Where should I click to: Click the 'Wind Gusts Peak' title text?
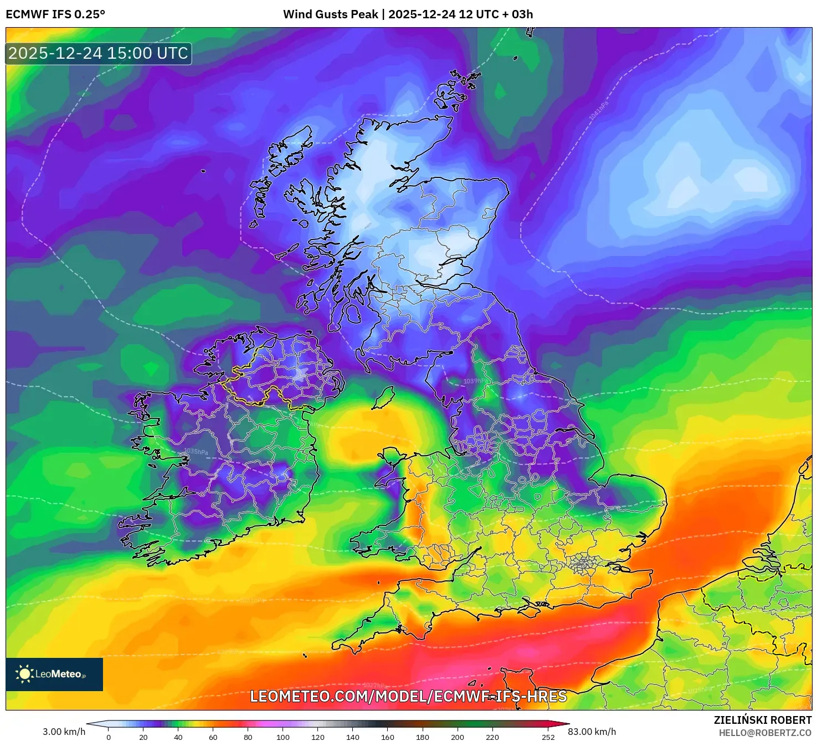[x=330, y=14]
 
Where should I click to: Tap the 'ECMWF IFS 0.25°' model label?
[x=55, y=14]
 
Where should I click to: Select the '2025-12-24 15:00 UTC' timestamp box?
[x=99, y=53]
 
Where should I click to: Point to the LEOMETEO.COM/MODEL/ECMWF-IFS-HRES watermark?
[x=408, y=696]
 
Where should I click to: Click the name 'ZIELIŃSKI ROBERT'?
[x=762, y=720]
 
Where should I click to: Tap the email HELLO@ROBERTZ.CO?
[x=765, y=733]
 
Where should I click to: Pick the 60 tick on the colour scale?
[x=213, y=737]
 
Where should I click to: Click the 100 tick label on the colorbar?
[x=283, y=737]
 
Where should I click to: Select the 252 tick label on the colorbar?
[x=548, y=737]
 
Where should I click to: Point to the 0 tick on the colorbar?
[x=109, y=737]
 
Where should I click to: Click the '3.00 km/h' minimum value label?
[x=64, y=732]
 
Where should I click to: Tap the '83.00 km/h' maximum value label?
[x=592, y=732]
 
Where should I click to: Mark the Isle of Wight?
[x=528, y=609]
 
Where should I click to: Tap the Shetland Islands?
[x=465, y=80]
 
